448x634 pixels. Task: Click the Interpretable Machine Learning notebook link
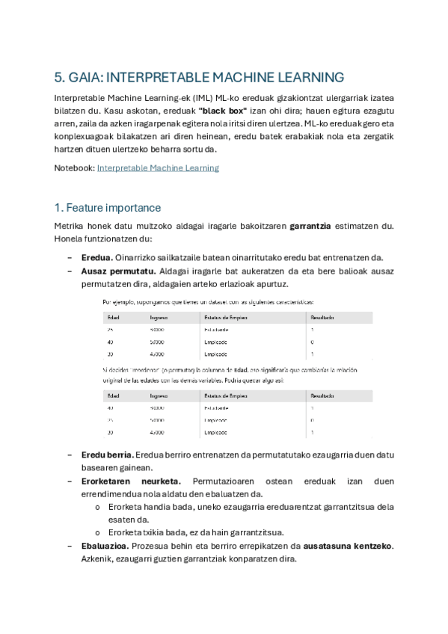pos(158,168)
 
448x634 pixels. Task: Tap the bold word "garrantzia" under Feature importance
pos(315,226)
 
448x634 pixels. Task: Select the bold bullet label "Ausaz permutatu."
pos(113,271)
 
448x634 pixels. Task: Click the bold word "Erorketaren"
pos(105,481)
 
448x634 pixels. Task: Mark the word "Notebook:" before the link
pos(74,168)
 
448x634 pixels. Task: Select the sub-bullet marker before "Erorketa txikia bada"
pos(98,533)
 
